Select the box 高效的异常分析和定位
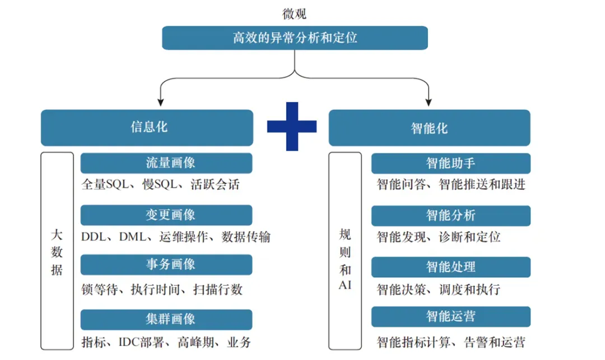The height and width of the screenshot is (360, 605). [295, 38]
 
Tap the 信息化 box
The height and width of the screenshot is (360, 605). [147, 127]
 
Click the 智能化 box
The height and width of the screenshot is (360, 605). [429, 127]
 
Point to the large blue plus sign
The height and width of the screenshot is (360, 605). [291, 127]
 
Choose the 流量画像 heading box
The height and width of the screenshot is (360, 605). [166, 163]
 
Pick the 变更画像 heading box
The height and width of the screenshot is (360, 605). [166, 215]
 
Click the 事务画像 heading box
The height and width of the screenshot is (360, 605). [166, 265]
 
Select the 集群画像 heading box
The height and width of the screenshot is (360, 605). [166, 319]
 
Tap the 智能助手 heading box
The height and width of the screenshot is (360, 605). [450, 163]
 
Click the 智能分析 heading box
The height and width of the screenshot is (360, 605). [450, 216]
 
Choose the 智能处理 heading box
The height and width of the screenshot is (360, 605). [450, 267]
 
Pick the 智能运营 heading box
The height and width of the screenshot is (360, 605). [450, 317]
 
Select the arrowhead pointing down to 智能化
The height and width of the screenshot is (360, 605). [429, 102]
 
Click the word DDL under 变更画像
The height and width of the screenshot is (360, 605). [94, 237]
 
